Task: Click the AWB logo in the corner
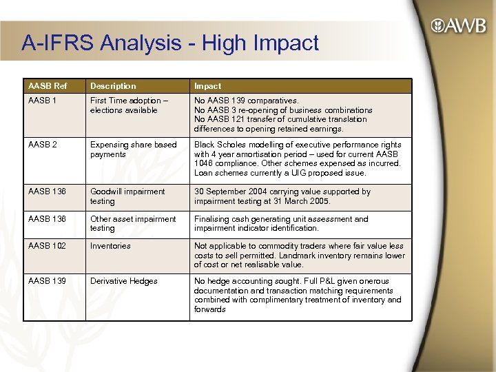coord(457,27)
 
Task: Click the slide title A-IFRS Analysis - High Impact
coord(170,43)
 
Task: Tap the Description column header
coord(113,86)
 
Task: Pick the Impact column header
coord(207,86)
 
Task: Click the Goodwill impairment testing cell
coord(127,196)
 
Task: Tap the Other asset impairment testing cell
coord(133,223)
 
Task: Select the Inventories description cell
coord(110,246)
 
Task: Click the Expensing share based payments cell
coord(133,149)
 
